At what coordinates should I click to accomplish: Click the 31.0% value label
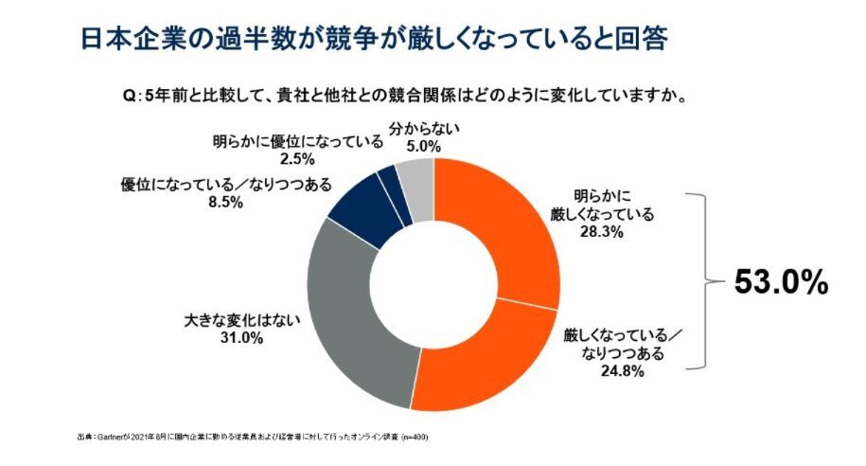tap(239, 338)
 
